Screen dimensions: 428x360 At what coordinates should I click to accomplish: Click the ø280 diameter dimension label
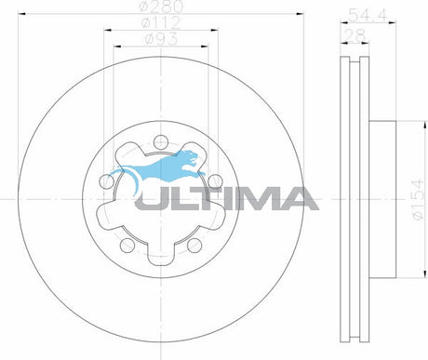point(161,7)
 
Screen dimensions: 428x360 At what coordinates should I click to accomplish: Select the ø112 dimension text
point(161,22)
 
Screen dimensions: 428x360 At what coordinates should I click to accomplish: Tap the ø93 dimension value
point(161,39)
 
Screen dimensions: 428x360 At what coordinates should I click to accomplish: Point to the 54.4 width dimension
point(368,15)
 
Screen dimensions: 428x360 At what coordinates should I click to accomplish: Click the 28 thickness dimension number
point(354,35)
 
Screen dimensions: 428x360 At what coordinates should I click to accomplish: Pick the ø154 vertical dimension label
point(418,199)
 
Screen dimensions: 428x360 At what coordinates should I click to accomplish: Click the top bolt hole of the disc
point(161,142)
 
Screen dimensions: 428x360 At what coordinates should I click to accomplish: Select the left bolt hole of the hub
point(107,181)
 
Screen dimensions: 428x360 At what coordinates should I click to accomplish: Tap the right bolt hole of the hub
point(215,181)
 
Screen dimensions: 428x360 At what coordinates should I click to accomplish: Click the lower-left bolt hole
point(127,245)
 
